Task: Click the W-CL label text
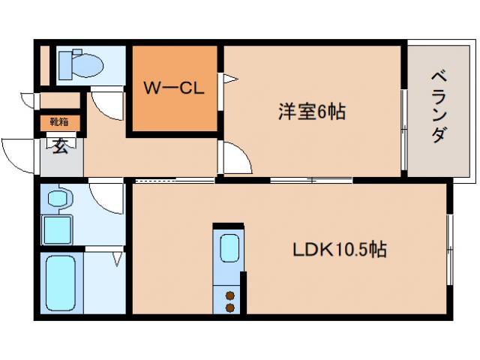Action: [174, 88]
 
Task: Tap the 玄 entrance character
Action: [59, 145]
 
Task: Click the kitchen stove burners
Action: [228, 300]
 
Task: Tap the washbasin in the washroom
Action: [57, 199]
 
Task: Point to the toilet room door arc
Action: [109, 104]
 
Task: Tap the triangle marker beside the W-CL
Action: [228, 77]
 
